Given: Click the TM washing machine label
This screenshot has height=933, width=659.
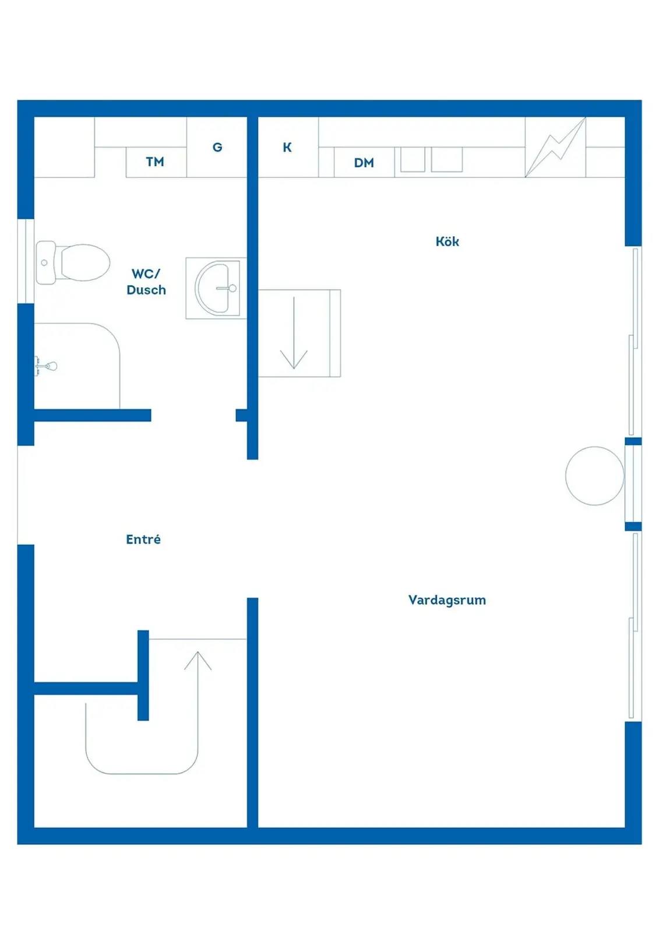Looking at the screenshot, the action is pos(155,162).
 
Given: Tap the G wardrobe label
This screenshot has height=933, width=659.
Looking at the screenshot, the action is pos(217,147).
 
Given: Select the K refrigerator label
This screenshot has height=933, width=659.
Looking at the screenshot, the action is pos(287,147).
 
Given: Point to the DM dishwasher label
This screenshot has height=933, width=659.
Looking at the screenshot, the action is pos(364,163).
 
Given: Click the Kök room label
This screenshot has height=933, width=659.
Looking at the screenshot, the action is pos(447,241).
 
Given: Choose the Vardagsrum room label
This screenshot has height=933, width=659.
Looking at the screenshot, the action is pos(447,600).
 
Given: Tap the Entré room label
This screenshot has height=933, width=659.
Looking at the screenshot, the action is pos(143,539).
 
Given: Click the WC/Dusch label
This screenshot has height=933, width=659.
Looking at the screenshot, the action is pos(146,282).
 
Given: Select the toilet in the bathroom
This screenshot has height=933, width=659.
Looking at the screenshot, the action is pos(73,263).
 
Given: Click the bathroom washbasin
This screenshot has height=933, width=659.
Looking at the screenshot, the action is pos(217,287).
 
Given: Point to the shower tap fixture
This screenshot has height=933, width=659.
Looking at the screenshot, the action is pos(46,367).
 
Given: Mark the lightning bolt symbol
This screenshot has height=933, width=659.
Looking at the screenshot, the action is pos(555,148).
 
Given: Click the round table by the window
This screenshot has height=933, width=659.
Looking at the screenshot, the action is pos(595,476).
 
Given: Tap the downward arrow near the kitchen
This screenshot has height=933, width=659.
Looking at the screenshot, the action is pos(294,333).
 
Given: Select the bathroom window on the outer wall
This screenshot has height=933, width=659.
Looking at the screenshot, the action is pos(26,261).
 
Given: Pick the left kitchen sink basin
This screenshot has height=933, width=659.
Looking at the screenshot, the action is pos(413,159).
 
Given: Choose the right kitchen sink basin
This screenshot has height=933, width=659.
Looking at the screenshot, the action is pos(447,159).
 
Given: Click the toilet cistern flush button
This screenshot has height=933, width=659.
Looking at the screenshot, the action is pos(44,263).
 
